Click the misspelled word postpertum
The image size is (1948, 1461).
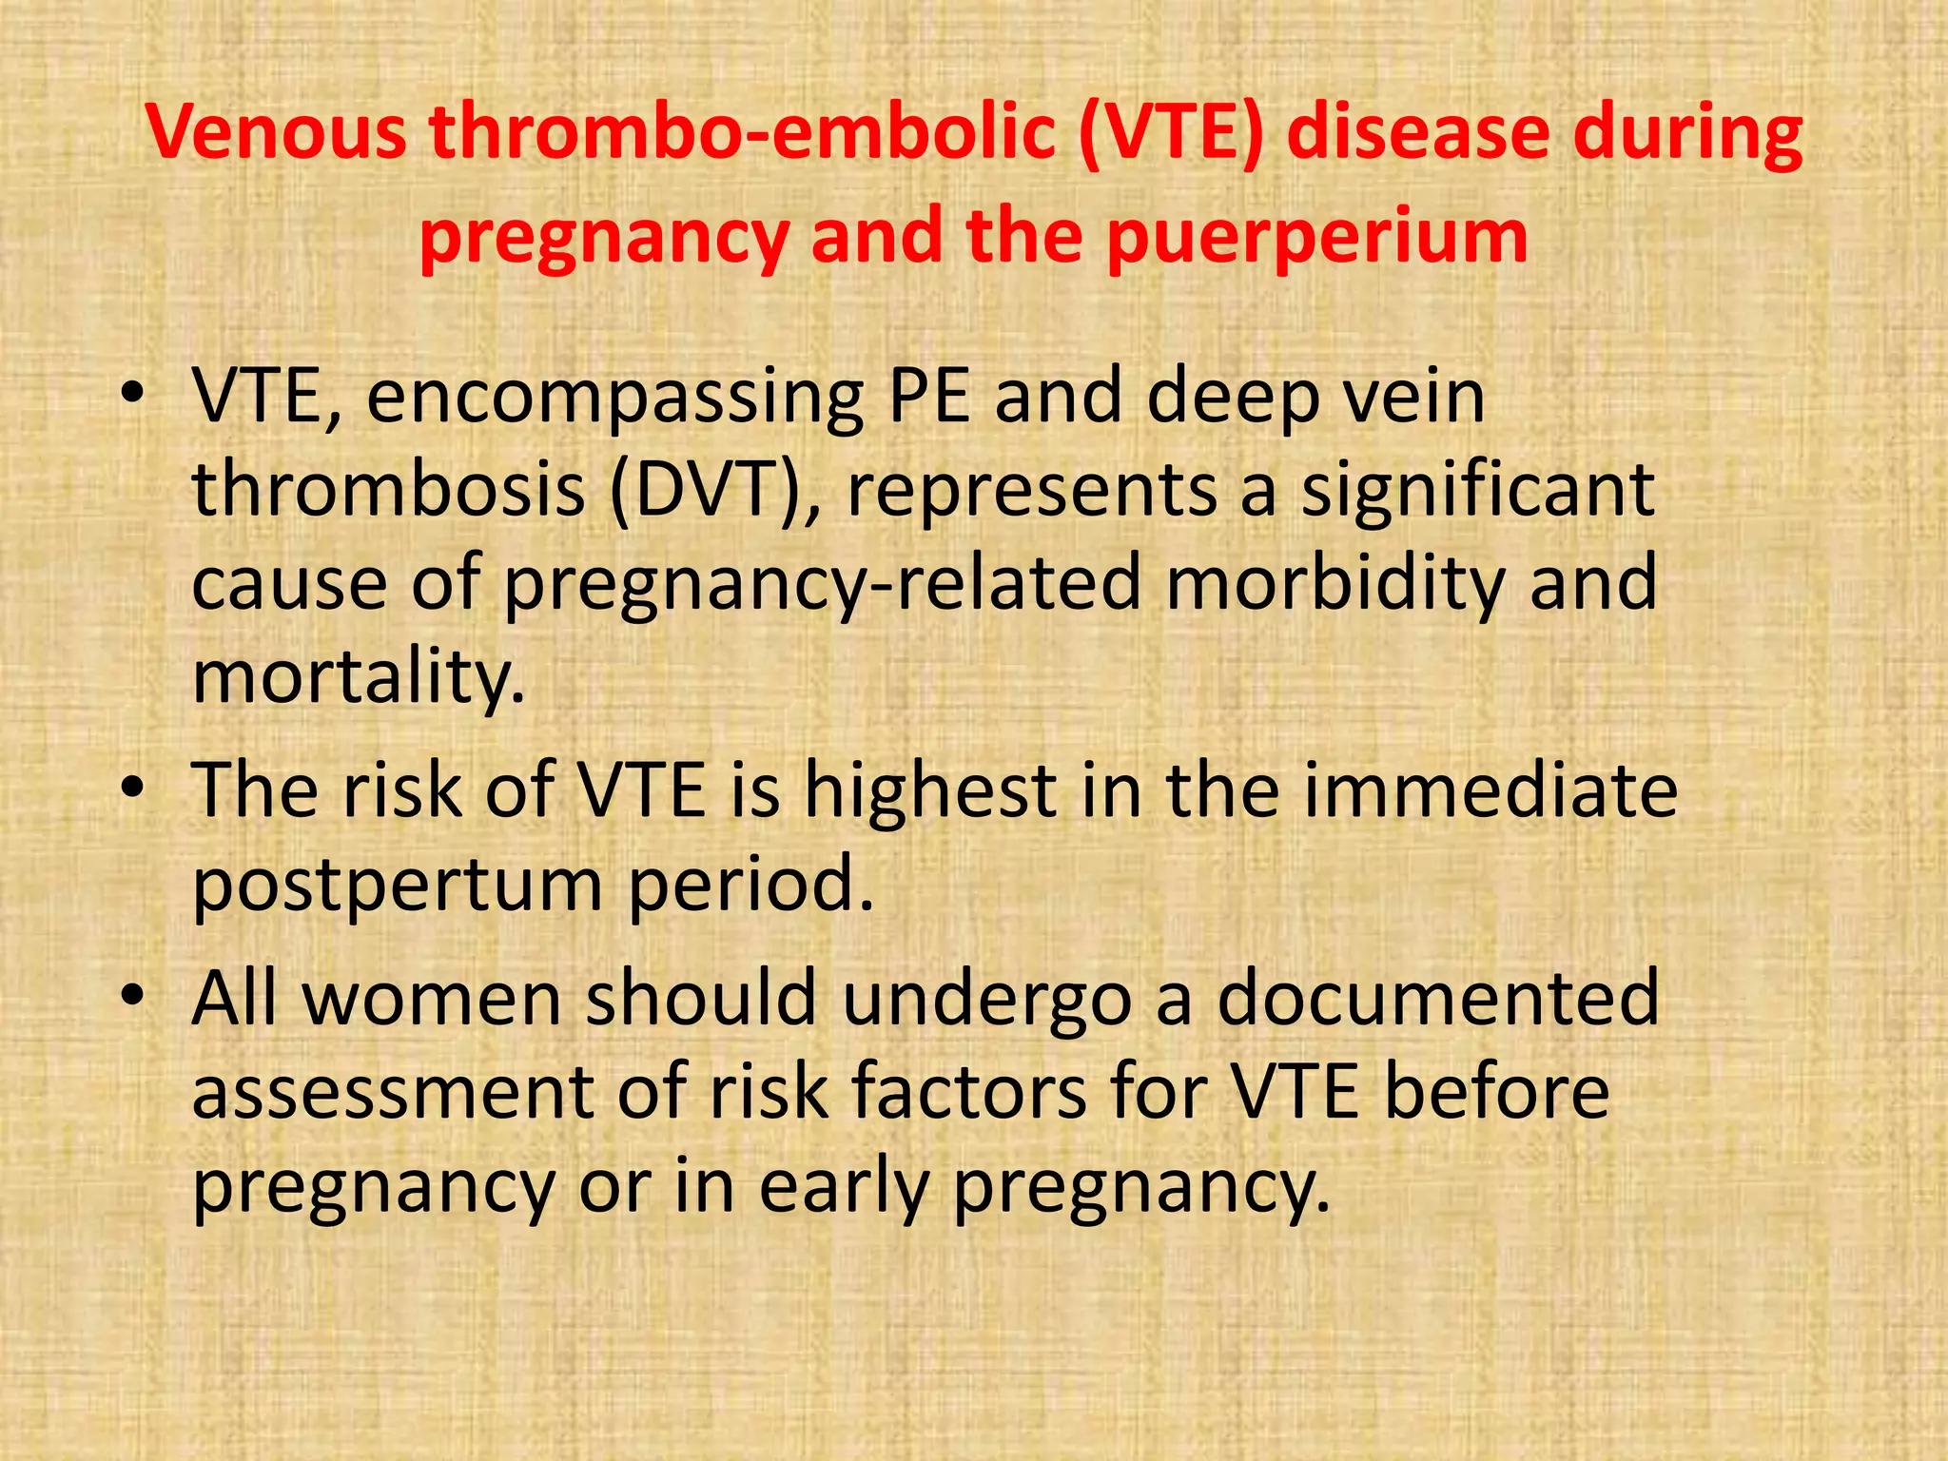point(398,885)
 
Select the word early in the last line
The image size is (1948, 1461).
point(843,1187)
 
